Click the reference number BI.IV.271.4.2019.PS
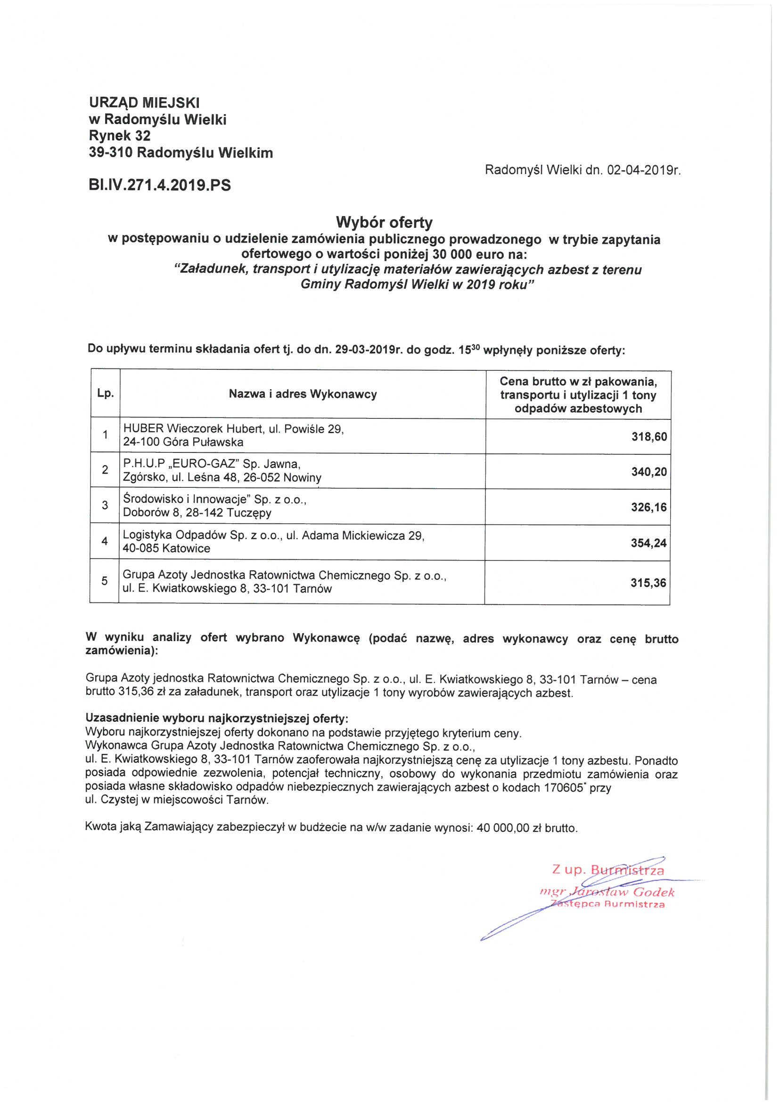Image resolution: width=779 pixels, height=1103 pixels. point(159,185)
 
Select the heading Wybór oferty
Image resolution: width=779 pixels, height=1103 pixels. point(384,222)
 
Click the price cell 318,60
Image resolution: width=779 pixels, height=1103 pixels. point(649,437)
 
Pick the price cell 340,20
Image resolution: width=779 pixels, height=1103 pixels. point(649,472)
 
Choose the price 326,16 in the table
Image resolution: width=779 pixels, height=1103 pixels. point(648,507)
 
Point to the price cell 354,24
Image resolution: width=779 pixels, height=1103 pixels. point(648,543)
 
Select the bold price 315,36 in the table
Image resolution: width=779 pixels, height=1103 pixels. point(648,583)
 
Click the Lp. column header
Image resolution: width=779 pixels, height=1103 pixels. point(105,393)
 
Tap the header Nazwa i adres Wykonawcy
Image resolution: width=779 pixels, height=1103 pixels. point(303,394)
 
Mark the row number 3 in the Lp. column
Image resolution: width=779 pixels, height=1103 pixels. point(105,505)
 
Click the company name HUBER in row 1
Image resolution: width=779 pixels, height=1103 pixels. point(144,428)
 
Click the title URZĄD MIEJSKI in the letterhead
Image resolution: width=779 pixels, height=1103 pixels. point(144,102)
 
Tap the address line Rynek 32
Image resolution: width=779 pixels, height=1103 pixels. point(120,136)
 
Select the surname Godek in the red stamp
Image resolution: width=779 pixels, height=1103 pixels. point(654,893)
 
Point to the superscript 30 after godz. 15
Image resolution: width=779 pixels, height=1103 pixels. point(475,347)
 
